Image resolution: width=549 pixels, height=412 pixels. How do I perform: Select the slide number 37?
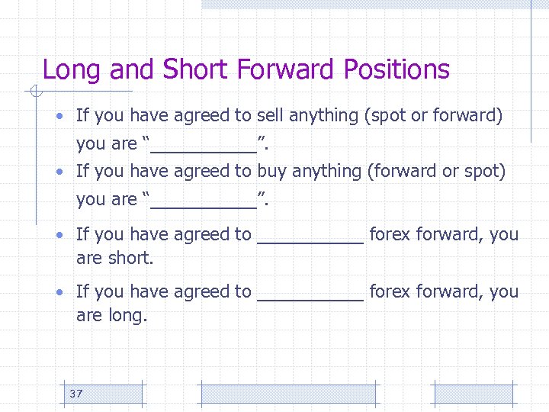(x=75, y=394)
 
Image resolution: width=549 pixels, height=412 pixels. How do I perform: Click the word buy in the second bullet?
(x=271, y=172)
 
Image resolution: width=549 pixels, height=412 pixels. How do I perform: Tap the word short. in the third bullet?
(x=131, y=259)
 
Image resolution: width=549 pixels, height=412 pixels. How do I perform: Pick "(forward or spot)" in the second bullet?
(x=436, y=172)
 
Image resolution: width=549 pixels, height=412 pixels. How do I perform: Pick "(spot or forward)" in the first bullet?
(x=434, y=116)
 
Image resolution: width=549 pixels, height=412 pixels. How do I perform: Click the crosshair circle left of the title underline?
(x=33, y=92)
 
